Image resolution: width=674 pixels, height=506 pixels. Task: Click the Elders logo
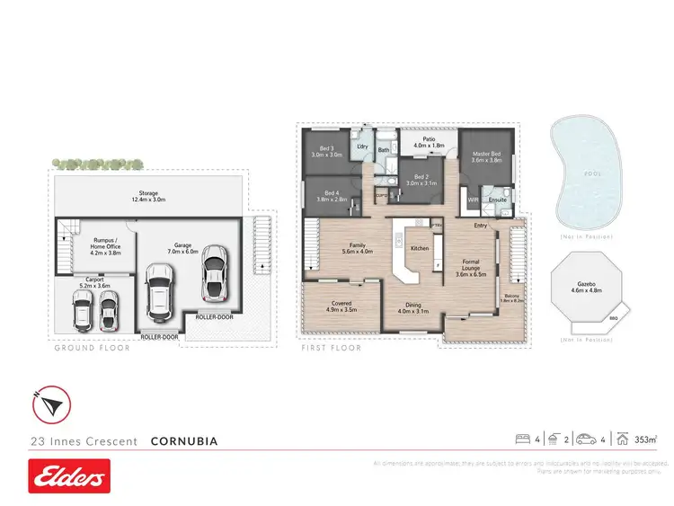tap(69, 476)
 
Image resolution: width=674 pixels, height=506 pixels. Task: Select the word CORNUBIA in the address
tap(184, 441)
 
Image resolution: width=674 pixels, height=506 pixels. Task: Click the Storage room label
tap(148, 195)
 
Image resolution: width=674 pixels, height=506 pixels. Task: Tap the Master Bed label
tap(486, 158)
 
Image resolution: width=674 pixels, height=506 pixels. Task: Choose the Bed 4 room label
tap(333, 196)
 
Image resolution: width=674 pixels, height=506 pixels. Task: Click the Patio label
tap(430, 142)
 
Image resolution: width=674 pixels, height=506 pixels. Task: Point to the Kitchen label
tap(420, 248)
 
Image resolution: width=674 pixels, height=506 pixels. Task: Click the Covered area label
tap(341, 306)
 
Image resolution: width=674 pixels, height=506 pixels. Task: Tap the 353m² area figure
tap(645, 440)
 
